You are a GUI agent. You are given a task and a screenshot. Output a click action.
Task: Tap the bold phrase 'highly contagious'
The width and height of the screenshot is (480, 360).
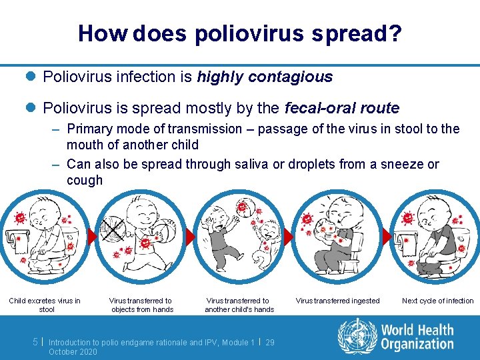(x=265, y=77)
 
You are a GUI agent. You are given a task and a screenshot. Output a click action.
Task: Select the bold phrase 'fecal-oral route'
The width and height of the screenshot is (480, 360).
(x=342, y=108)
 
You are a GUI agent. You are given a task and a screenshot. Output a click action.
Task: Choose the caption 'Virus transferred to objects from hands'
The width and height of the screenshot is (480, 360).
(x=141, y=305)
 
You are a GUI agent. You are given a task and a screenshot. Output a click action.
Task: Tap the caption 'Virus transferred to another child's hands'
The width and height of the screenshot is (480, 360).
(x=239, y=305)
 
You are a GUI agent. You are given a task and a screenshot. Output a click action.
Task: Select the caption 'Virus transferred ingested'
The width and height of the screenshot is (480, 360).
(x=337, y=301)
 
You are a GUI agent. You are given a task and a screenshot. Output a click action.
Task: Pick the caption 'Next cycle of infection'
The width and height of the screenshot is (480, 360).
(x=437, y=301)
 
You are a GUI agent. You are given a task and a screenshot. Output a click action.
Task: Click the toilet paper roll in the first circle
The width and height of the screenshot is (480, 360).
(x=15, y=241)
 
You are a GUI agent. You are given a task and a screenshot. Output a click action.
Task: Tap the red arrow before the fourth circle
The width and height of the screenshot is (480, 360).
(x=288, y=237)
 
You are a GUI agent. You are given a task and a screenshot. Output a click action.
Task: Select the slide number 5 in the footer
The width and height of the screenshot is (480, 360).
(x=35, y=341)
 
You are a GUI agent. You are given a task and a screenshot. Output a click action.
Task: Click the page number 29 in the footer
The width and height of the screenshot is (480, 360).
(x=270, y=342)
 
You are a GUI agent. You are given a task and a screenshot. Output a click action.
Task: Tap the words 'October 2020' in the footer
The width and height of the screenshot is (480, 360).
(x=73, y=351)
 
